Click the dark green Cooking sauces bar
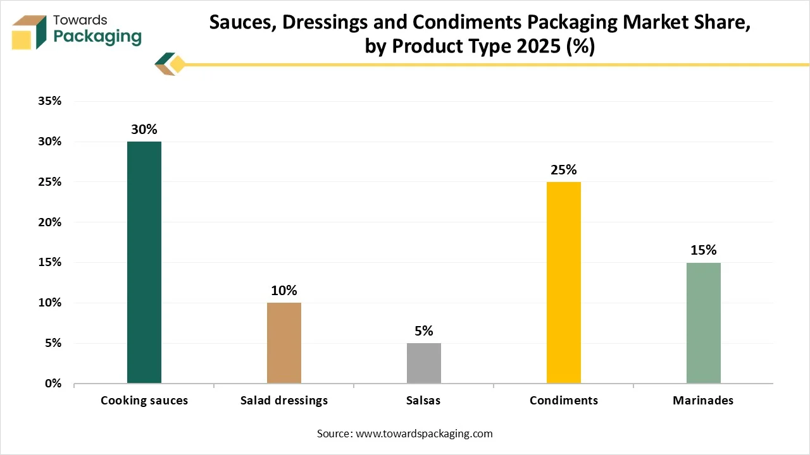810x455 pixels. (x=144, y=262)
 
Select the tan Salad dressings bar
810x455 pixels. (x=284, y=343)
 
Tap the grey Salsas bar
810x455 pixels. (x=424, y=363)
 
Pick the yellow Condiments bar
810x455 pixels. (x=564, y=282)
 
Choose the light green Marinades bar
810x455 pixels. (x=703, y=322)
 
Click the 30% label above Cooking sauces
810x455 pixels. (x=144, y=129)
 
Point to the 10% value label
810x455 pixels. (x=284, y=291)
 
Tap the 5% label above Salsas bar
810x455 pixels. (x=424, y=331)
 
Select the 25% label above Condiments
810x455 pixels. (x=564, y=169)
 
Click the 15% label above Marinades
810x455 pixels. (x=703, y=250)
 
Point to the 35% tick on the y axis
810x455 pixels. (x=49, y=101)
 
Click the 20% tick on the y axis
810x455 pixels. (x=49, y=222)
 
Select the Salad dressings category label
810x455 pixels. (x=284, y=401)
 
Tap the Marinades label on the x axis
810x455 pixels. (x=703, y=401)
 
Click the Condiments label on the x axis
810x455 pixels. (x=564, y=401)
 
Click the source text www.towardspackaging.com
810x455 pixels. (x=424, y=434)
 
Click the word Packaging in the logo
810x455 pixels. (x=97, y=37)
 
